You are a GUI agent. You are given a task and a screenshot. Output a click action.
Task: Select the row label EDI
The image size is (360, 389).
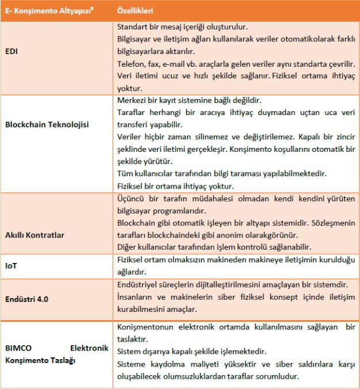12,51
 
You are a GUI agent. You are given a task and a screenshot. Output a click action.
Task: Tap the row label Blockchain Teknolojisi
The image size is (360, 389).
46,124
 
